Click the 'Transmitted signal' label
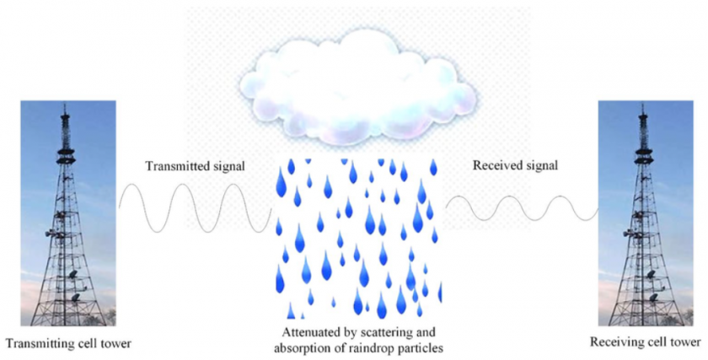195,166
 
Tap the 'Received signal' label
515,165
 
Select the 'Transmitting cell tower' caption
69,344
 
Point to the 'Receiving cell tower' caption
646,342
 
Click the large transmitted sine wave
195,207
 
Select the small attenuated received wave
522,207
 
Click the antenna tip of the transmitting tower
65,105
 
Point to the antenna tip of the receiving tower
642,105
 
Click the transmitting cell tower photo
68,213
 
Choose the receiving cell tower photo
646,213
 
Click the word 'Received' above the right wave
496,165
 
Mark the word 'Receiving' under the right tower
614,342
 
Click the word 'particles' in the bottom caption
423,349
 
